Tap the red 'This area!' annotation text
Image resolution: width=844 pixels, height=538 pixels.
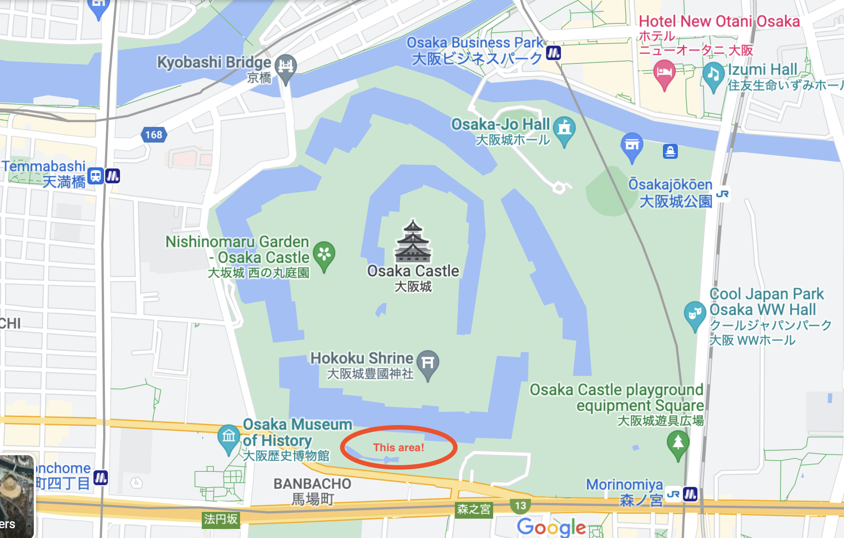pos(399,448)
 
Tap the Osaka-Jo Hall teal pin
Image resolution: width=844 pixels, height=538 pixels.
pos(564,130)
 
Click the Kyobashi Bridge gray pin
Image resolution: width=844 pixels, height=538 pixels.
pos(286,67)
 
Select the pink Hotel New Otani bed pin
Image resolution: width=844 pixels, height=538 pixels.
pos(664,73)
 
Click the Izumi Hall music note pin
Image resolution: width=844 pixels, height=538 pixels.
pos(713,75)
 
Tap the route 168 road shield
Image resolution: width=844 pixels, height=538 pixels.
pos(154,134)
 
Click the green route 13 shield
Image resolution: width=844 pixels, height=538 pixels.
pos(520,506)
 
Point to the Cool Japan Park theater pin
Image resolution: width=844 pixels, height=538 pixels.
pos(694,314)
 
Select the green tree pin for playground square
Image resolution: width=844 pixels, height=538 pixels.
pos(678,444)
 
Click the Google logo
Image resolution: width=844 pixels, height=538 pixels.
pos(551,527)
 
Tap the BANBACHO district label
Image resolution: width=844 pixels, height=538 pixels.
pos(312,484)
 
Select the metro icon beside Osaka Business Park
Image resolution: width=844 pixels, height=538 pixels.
pos(554,53)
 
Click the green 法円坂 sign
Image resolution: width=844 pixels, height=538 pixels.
pos(220,519)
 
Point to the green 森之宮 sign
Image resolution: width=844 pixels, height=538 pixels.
pos(473,509)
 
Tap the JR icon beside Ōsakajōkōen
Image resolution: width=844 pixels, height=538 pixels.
pos(722,194)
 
